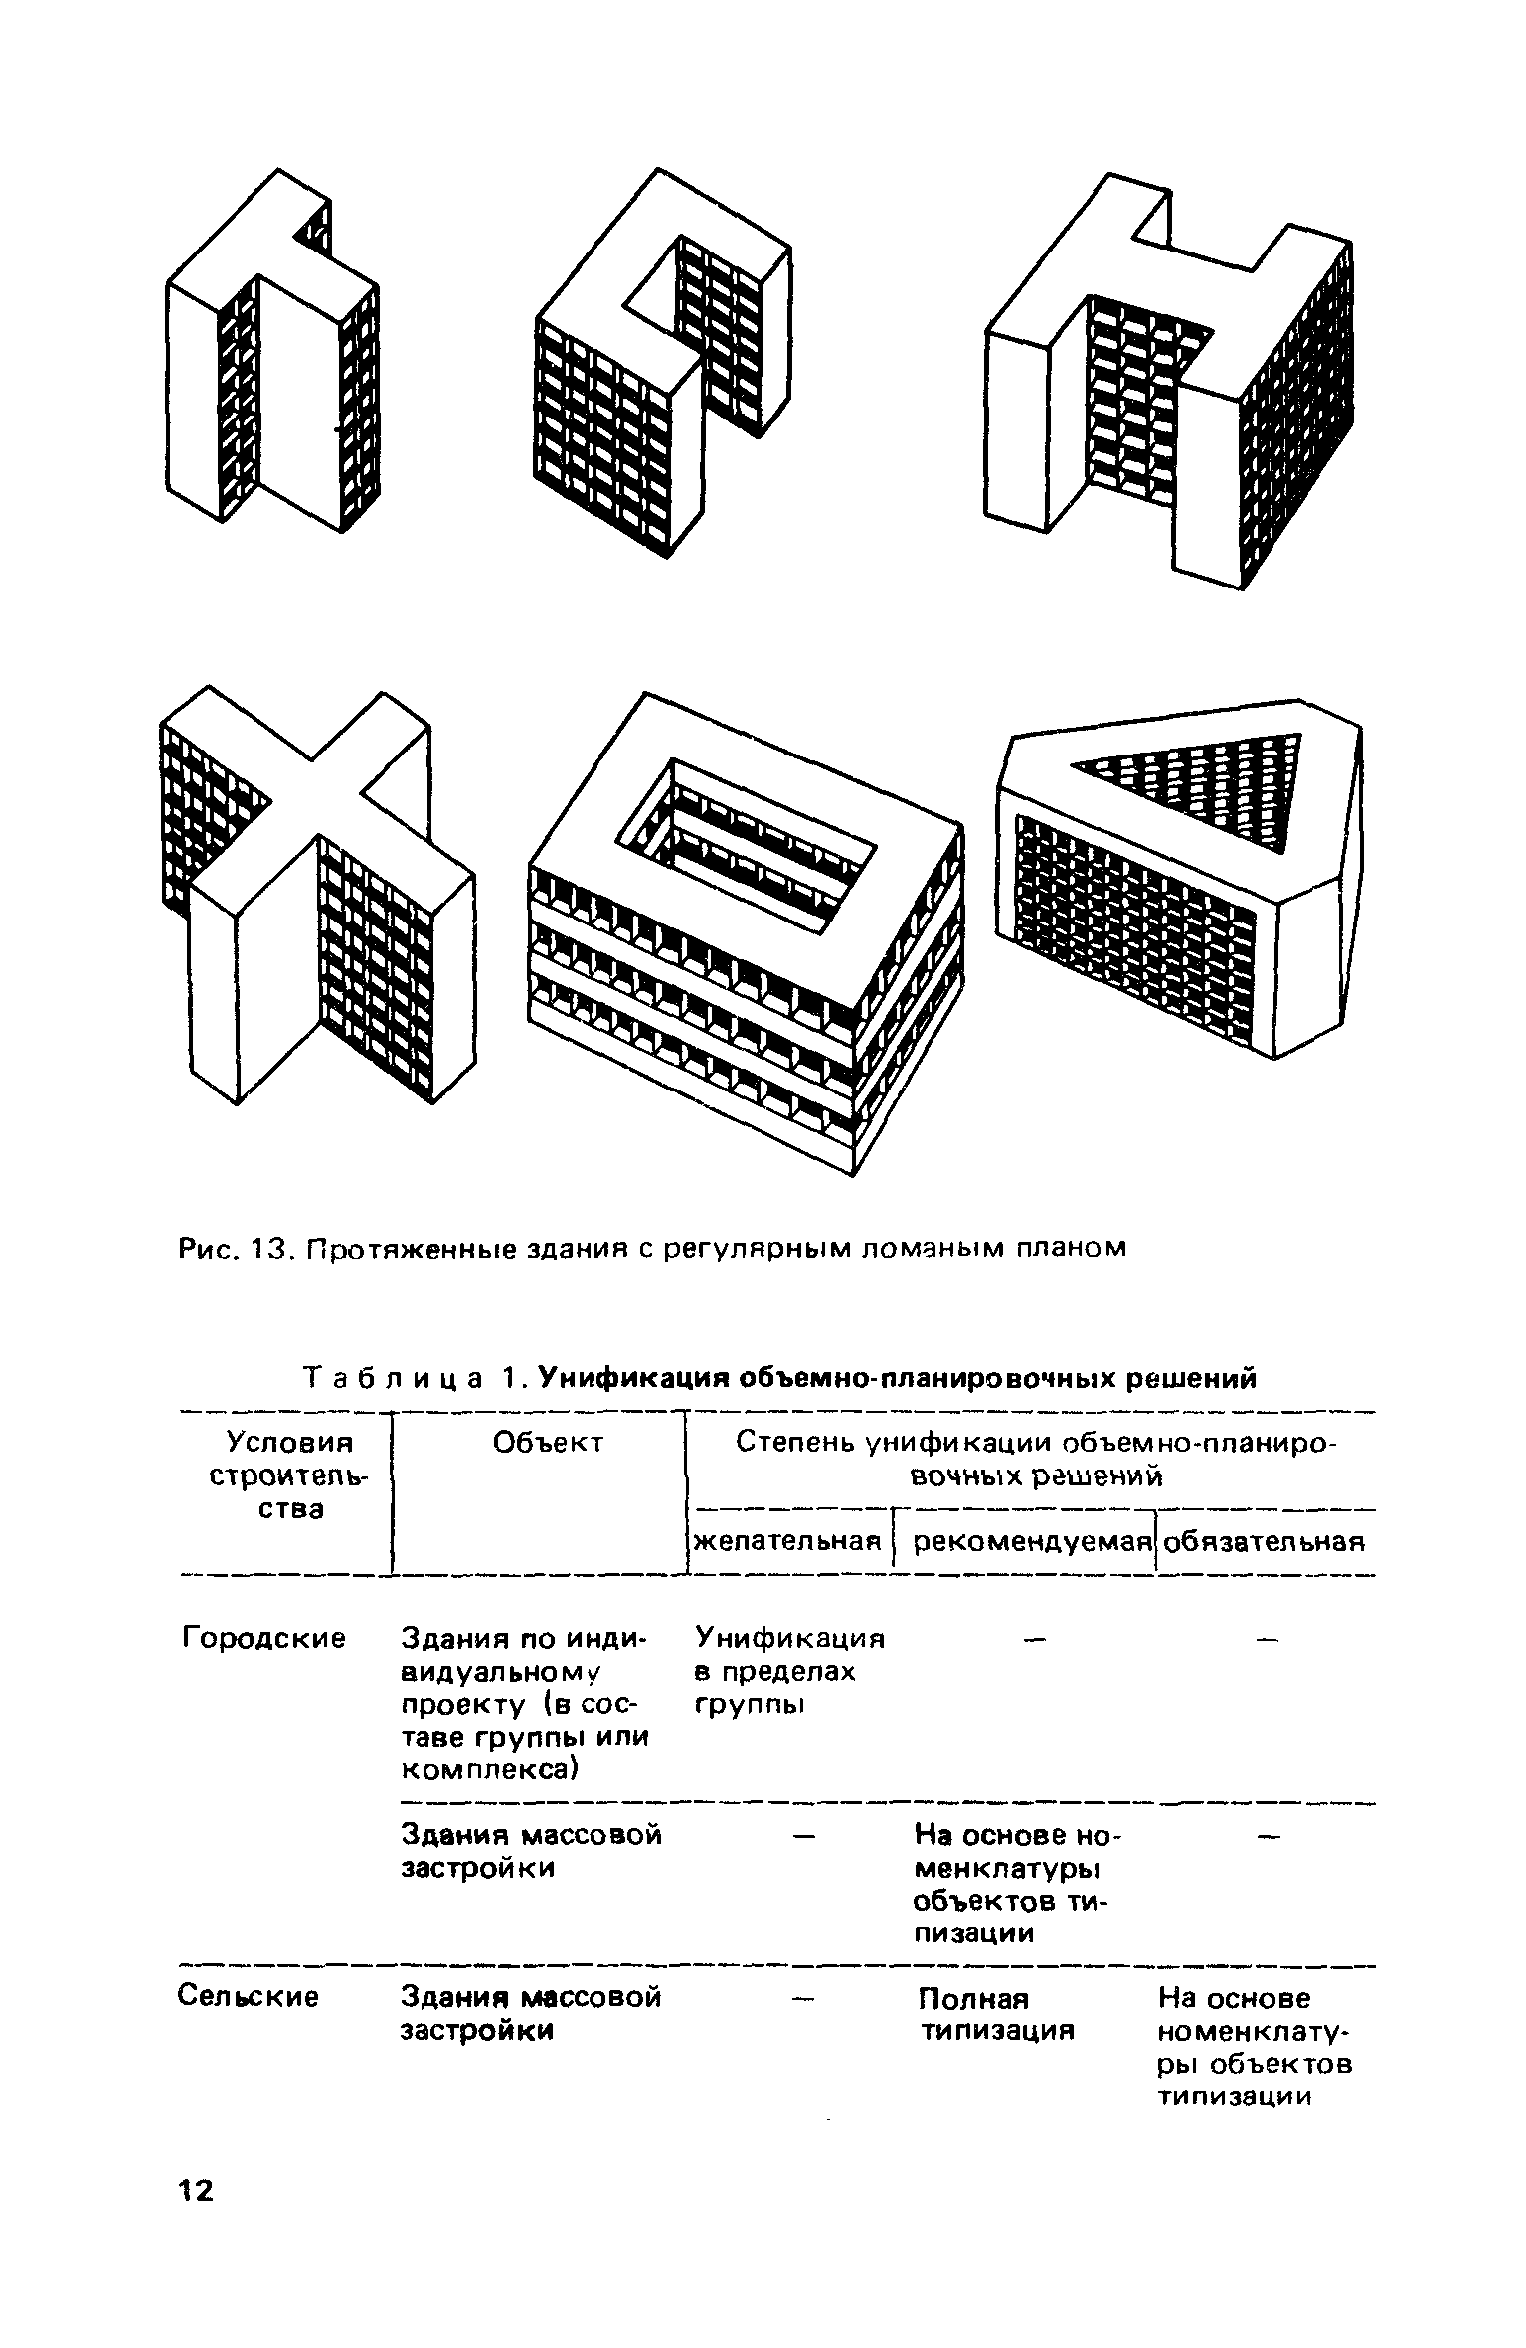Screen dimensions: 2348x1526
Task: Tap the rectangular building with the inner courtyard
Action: pos(746,934)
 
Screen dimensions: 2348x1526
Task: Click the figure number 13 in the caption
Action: pos(271,1247)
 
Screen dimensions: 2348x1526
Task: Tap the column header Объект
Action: pos(549,1443)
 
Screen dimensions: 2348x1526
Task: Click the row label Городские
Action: pos(263,1637)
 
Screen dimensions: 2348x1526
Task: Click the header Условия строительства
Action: pos(288,1476)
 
